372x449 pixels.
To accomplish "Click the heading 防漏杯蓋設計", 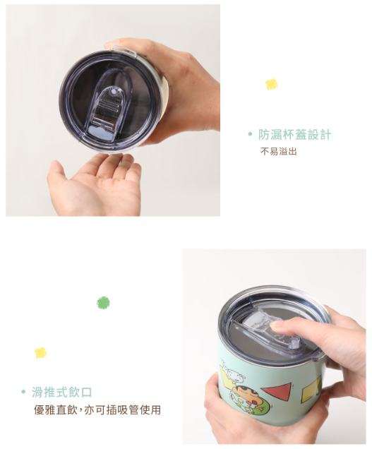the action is pos(294,135).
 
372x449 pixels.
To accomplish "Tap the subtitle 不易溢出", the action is pos(278,151).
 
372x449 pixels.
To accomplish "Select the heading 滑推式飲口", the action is pos(61,392).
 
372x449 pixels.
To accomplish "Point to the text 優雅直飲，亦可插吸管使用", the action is pos(97,409).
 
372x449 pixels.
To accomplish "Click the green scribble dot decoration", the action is pos(103,303).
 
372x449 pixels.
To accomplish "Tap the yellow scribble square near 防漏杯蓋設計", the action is pos(272,84).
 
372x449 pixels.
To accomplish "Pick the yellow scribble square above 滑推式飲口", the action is pos(41,352).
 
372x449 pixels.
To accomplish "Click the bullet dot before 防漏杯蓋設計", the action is pos(251,134).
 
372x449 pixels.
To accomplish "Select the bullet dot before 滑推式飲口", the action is pos(23,392).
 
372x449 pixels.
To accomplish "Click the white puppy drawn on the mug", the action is pos(234,375).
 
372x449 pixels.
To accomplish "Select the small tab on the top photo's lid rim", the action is pos(124,50).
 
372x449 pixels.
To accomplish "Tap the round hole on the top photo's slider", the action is pos(114,92).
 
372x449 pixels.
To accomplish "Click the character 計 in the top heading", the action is pos(325,135).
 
